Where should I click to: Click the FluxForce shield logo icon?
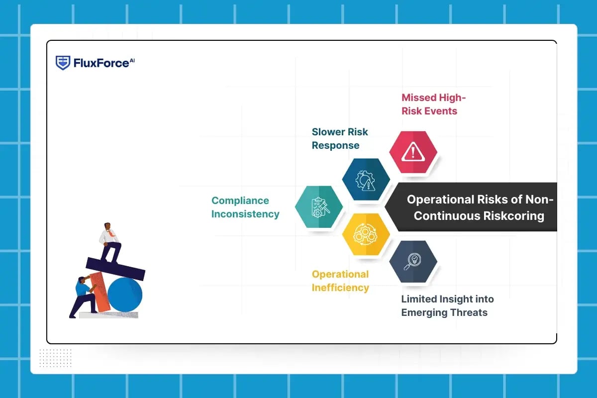63,63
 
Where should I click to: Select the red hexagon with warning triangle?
413,152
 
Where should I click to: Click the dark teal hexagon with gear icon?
366,180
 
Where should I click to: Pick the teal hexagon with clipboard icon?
319,207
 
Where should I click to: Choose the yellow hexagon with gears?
366,234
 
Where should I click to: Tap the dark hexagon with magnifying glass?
413,262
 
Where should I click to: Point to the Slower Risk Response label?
340,138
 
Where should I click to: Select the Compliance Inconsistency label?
245,207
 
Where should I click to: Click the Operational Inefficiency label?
340,281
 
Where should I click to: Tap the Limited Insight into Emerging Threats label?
447,305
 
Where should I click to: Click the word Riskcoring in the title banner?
512,216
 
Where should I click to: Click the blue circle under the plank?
125,295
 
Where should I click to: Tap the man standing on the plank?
109,241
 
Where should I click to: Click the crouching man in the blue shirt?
82,296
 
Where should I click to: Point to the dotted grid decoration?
55,358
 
